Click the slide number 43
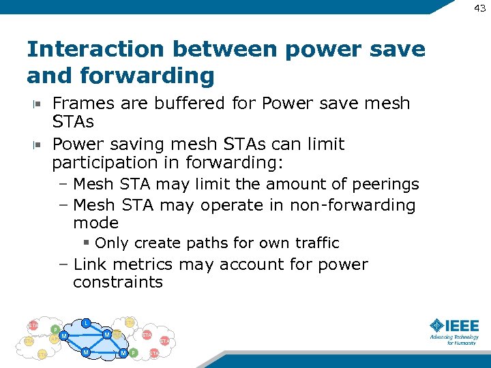(479, 7)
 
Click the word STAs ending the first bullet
(73, 122)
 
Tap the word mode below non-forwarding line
(95, 223)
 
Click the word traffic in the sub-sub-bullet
(317, 243)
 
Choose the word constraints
(117, 282)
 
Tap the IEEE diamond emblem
(436, 326)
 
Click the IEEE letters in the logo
(462, 326)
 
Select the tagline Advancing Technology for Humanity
(453, 339)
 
